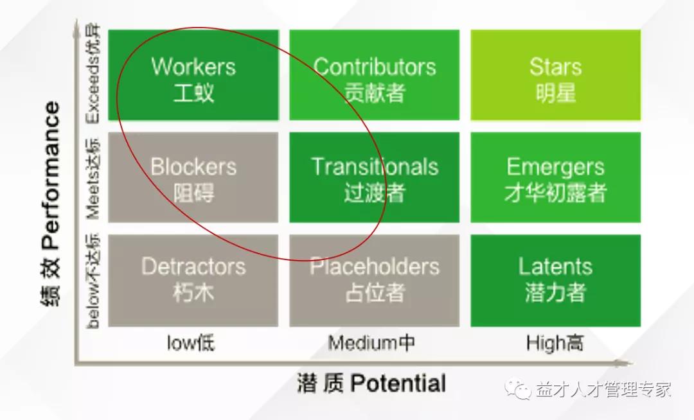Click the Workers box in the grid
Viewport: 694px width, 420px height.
click(x=193, y=74)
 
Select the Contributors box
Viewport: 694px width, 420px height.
click(x=375, y=74)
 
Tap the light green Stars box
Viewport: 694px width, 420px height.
click(x=555, y=74)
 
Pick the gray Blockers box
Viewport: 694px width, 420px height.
click(x=193, y=177)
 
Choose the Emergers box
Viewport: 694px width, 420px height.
click(x=555, y=177)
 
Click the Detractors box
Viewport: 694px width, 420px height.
click(x=193, y=281)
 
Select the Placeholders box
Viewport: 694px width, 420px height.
click(x=375, y=281)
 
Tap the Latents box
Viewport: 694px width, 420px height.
click(x=555, y=281)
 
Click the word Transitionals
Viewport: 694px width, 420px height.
click(x=375, y=167)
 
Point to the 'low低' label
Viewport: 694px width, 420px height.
click(x=191, y=343)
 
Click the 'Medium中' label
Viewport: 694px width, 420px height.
click(x=371, y=343)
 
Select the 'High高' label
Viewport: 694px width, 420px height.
click(x=555, y=343)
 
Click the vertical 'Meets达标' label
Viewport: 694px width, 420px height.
click(x=93, y=179)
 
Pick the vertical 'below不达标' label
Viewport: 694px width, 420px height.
click(x=93, y=281)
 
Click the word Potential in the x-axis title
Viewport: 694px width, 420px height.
click(x=398, y=383)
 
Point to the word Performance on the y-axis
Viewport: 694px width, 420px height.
click(x=50, y=175)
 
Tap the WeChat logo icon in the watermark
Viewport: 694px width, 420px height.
click(x=519, y=389)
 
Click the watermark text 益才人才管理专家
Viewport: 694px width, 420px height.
click(x=603, y=389)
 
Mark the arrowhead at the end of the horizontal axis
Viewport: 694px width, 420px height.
click(x=627, y=363)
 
